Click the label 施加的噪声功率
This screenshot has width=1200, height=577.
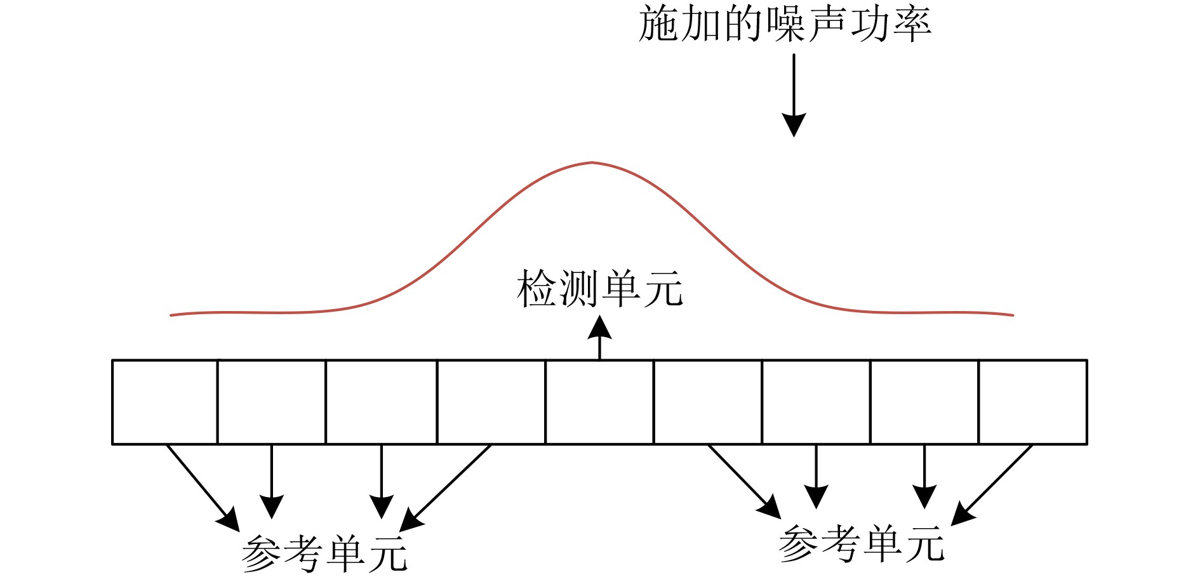[x=785, y=24]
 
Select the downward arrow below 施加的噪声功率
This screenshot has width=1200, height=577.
[x=794, y=95]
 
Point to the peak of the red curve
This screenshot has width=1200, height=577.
[x=592, y=162]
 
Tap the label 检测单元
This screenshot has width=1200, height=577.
[x=600, y=289]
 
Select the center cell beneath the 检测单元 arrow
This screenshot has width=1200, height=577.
[x=599, y=402]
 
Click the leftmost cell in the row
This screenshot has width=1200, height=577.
[x=165, y=402]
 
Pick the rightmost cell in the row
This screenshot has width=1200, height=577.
[x=1033, y=402]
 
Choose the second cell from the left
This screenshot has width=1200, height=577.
[x=272, y=402]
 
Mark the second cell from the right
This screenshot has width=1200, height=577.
[x=924, y=402]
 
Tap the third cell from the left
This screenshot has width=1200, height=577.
[x=382, y=402]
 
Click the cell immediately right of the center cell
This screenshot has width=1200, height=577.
[x=708, y=402]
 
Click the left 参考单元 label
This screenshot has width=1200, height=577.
[x=324, y=554]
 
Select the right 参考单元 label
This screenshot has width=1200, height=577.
[x=862, y=543]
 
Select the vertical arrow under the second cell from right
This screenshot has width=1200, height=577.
[x=924, y=476]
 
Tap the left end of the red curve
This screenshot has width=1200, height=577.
[x=171, y=315]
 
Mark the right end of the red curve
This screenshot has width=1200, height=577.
[x=1012, y=315]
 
